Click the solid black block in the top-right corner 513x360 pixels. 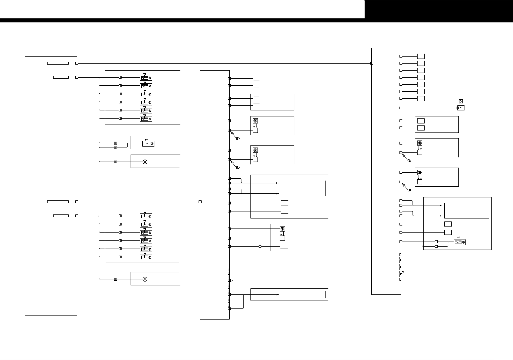coord(439,9)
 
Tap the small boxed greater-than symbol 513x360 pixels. coord(461,101)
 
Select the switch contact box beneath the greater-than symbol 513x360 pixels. coord(461,108)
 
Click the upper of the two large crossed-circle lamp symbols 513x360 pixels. coord(145,162)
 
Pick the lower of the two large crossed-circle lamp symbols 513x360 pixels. coord(145,279)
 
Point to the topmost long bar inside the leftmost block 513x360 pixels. coord(58,63)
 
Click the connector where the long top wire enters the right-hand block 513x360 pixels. coord(372,63)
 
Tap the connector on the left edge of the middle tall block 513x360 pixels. coord(200,202)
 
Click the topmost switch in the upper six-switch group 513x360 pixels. coord(146,78)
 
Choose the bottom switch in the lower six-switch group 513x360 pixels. coord(146,257)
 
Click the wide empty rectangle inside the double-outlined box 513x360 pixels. coord(303,294)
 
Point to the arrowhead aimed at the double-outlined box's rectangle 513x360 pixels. coord(278,294)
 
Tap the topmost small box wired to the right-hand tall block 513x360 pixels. coord(421,56)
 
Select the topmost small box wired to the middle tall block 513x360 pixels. coord(256,78)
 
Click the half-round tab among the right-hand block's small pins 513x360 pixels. coord(402,273)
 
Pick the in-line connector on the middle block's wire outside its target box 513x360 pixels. coord(260,247)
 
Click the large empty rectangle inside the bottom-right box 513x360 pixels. coord(466,210)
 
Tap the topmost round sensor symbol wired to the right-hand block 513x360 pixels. coord(420,143)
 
